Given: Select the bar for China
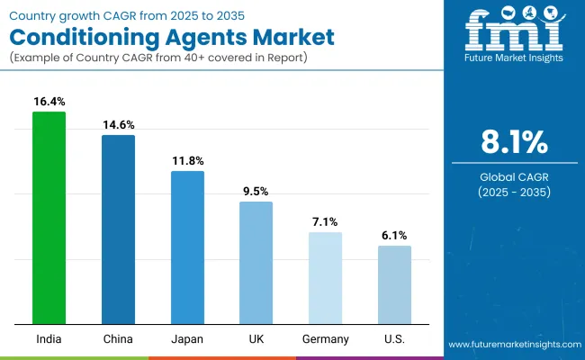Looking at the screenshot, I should [x=118, y=229].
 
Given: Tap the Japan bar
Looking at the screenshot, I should [x=187, y=247].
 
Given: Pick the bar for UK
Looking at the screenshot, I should [x=256, y=263].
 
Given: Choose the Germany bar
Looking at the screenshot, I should [x=325, y=278].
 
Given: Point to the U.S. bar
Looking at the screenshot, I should [x=394, y=284].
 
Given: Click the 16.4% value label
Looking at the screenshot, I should [x=49, y=103].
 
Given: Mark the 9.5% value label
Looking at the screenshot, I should [x=256, y=192].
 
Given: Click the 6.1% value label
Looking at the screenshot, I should [x=394, y=236].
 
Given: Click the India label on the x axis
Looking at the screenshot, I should [x=49, y=339].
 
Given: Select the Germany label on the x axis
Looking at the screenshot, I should [x=325, y=339].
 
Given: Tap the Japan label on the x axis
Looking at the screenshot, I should [x=187, y=339].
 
